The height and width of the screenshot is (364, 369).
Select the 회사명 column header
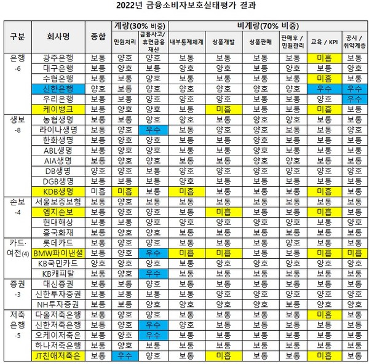tap(59, 36)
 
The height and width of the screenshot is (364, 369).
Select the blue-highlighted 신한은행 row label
tap(58, 89)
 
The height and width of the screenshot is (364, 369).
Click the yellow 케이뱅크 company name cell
tap(58, 109)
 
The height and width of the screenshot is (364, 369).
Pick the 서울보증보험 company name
tap(58, 201)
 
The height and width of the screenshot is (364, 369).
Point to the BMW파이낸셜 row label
tap(58, 253)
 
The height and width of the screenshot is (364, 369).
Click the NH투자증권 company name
tap(58, 304)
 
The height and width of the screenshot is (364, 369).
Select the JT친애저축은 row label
tap(58, 356)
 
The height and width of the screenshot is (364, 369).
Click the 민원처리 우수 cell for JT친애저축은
tap(125, 356)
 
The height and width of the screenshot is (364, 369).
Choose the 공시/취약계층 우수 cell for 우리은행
tap(354, 98)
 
